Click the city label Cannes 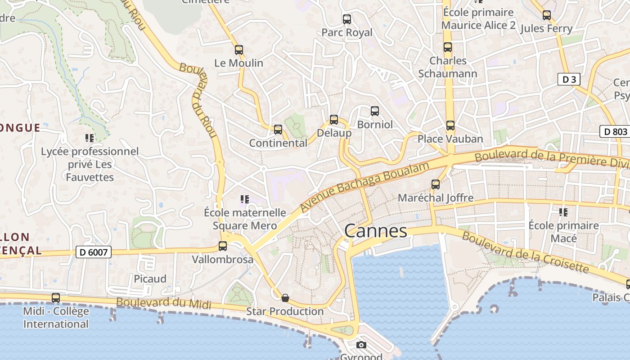coord(376,231)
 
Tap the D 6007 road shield coord(93,252)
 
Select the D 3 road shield coord(569,80)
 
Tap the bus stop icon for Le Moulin coord(239,50)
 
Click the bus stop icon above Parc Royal coord(347,19)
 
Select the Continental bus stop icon coord(278,130)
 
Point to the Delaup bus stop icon coord(334,120)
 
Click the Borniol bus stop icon coord(375,111)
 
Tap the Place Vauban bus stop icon coord(450,126)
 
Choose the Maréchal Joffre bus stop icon coord(436,184)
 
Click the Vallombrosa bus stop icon coord(223,246)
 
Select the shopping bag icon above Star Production coord(285,298)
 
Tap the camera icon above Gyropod coord(361,345)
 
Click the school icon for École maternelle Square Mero coord(245,199)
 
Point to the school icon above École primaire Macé coord(563,212)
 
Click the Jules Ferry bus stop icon coord(547,15)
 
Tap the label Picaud coord(150,279)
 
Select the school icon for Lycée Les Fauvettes coord(90,138)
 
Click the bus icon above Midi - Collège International coord(56,298)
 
